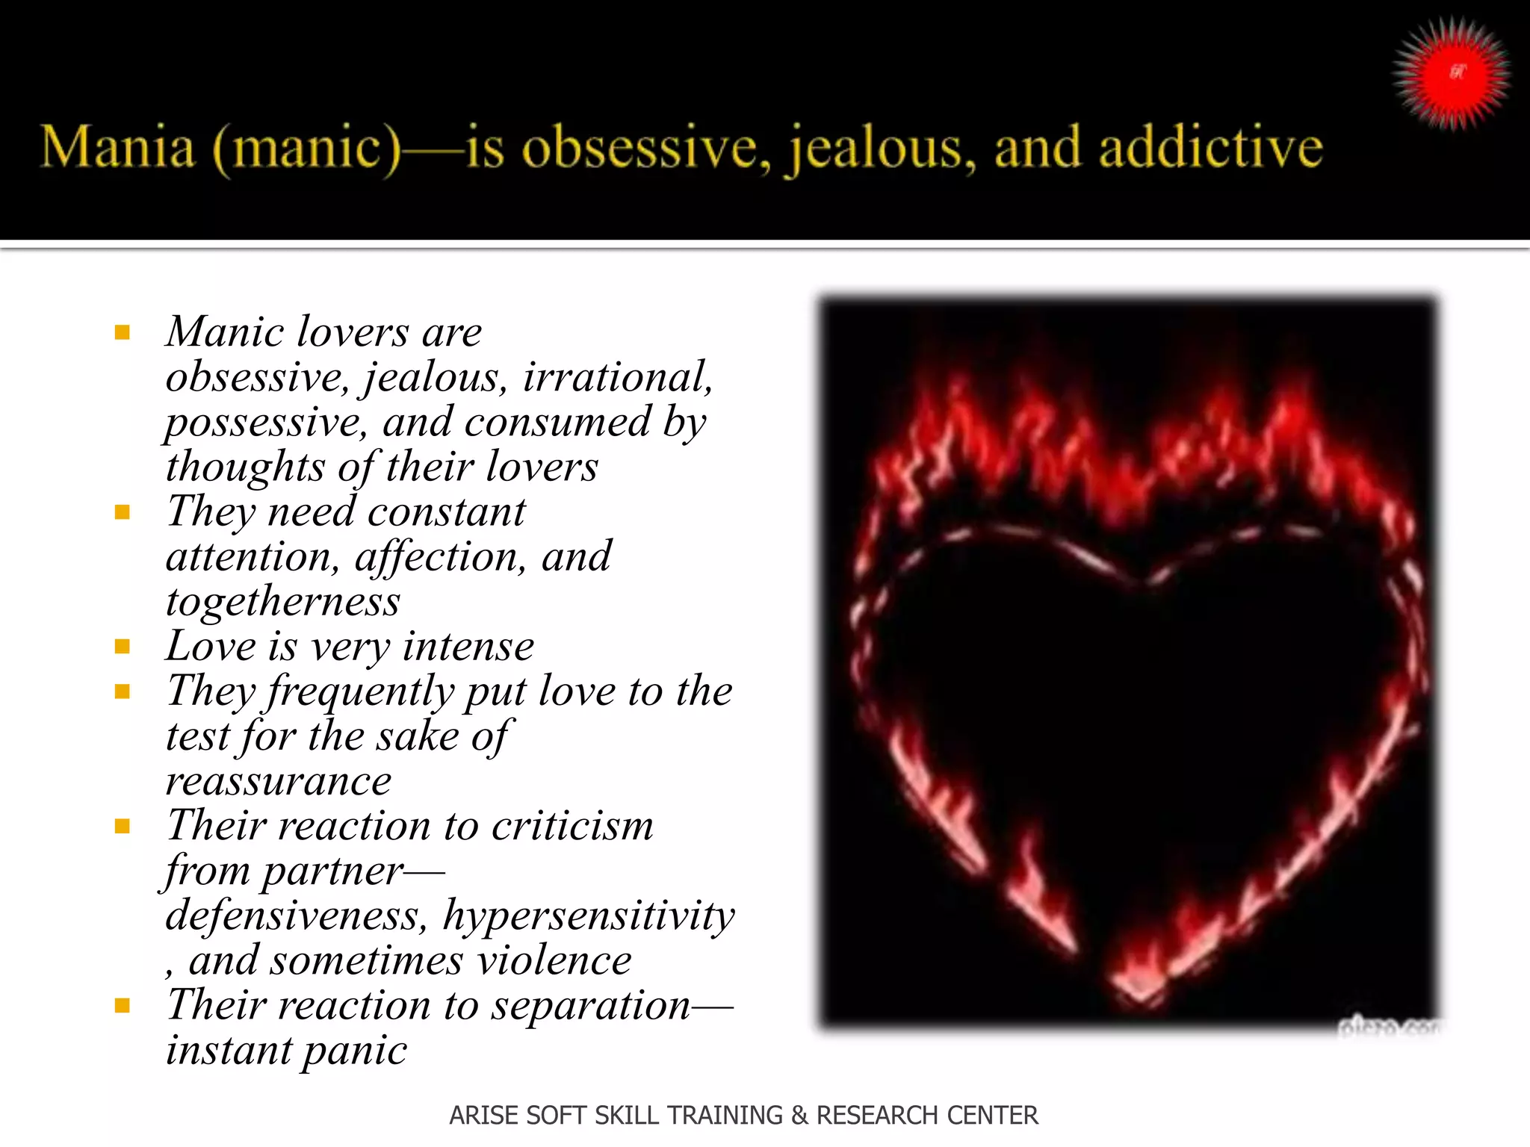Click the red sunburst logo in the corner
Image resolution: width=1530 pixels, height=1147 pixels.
tap(1452, 73)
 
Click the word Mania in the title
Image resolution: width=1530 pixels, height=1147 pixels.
tap(117, 147)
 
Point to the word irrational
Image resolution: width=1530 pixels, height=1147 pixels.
tap(617, 376)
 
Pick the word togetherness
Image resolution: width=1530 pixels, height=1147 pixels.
tap(282, 602)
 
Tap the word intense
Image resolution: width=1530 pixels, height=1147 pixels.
tap(468, 647)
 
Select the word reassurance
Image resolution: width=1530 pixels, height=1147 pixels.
tap(278, 781)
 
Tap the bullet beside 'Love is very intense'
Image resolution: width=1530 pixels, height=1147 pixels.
tap(123, 647)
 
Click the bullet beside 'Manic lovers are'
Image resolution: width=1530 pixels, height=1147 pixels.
tap(123, 332)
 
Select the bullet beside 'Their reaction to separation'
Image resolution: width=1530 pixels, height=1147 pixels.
tap(123, 1006)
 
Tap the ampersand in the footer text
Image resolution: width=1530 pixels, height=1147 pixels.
tap(799, 1115)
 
